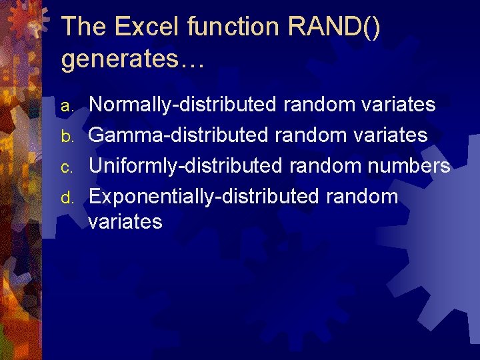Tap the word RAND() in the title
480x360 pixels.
pyautogui.click(x=335, y=27)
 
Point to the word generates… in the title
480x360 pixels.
pyautogui.click(x=133, y=59)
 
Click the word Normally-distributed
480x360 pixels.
pyautogui.click(x=183, y=105)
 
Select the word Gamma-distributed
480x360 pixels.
pyautogui.click(x=179, y=136)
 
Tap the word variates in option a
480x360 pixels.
pyautogui.click(x=397, y=105)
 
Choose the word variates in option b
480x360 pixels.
pyautogui.click(x=389, y=136)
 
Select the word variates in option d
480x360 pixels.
pyautogui.click(x=125, y=221)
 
